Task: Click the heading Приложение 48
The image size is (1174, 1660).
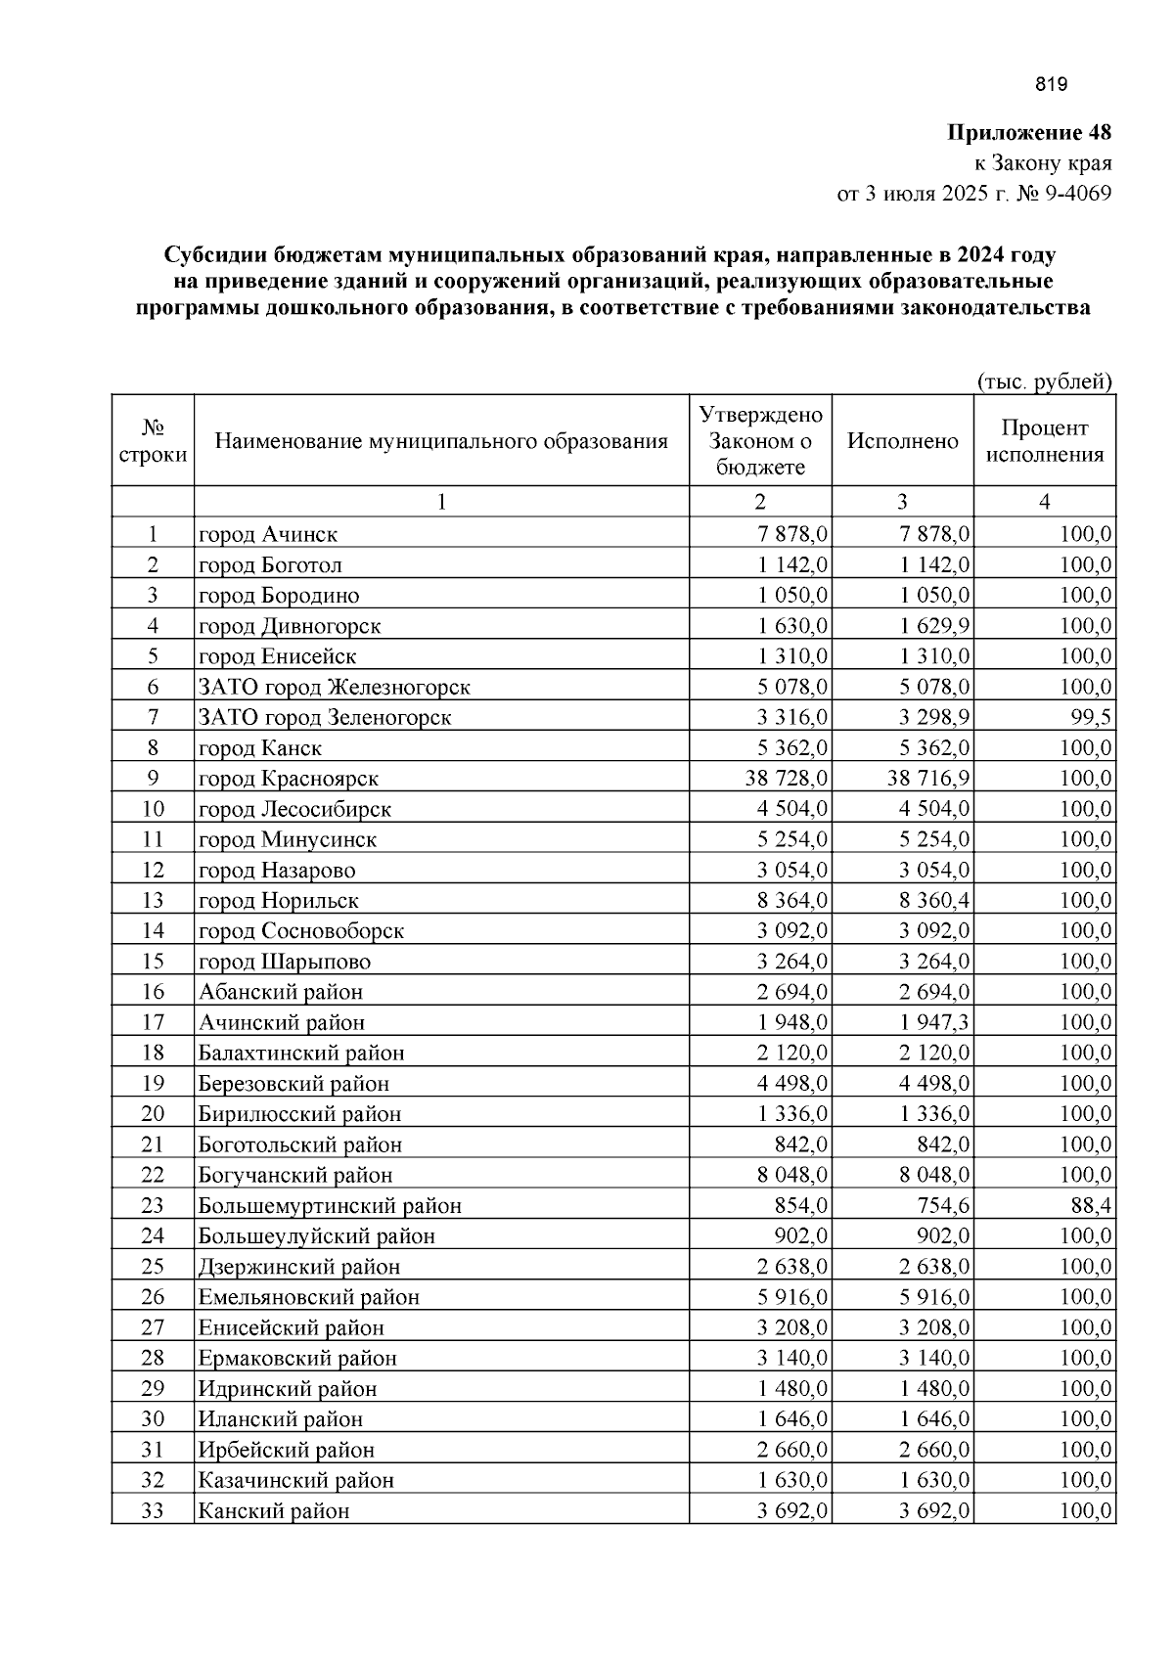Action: click(x=1028, y=132)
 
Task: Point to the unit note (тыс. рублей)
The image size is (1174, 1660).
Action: click(x=1045, y=381)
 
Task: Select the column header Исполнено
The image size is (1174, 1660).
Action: click(x=902, y=441)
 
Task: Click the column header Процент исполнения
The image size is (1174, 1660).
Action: click(x=1044, y=441)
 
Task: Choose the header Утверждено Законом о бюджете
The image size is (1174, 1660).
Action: click(x=760, y=440)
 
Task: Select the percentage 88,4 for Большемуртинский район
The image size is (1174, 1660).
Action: click(x=1091, y=1205)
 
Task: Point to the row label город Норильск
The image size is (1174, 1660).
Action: click(x=279, y=901)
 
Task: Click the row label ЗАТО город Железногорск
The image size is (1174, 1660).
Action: click(x=335, y=687)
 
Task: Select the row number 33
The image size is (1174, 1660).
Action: click(x=153, y=1510)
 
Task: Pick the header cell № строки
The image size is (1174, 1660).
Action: click(x=153, y=441)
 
